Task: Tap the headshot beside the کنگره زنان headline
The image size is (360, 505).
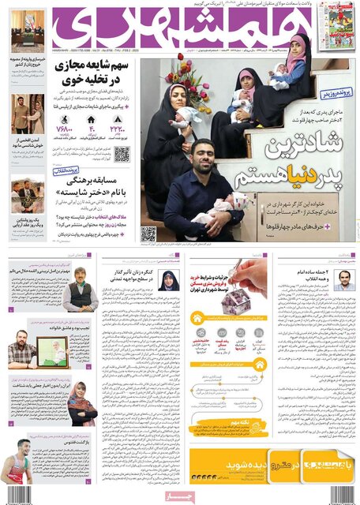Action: [x=170, y=281]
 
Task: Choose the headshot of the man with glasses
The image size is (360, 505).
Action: [x=343, y=280]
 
